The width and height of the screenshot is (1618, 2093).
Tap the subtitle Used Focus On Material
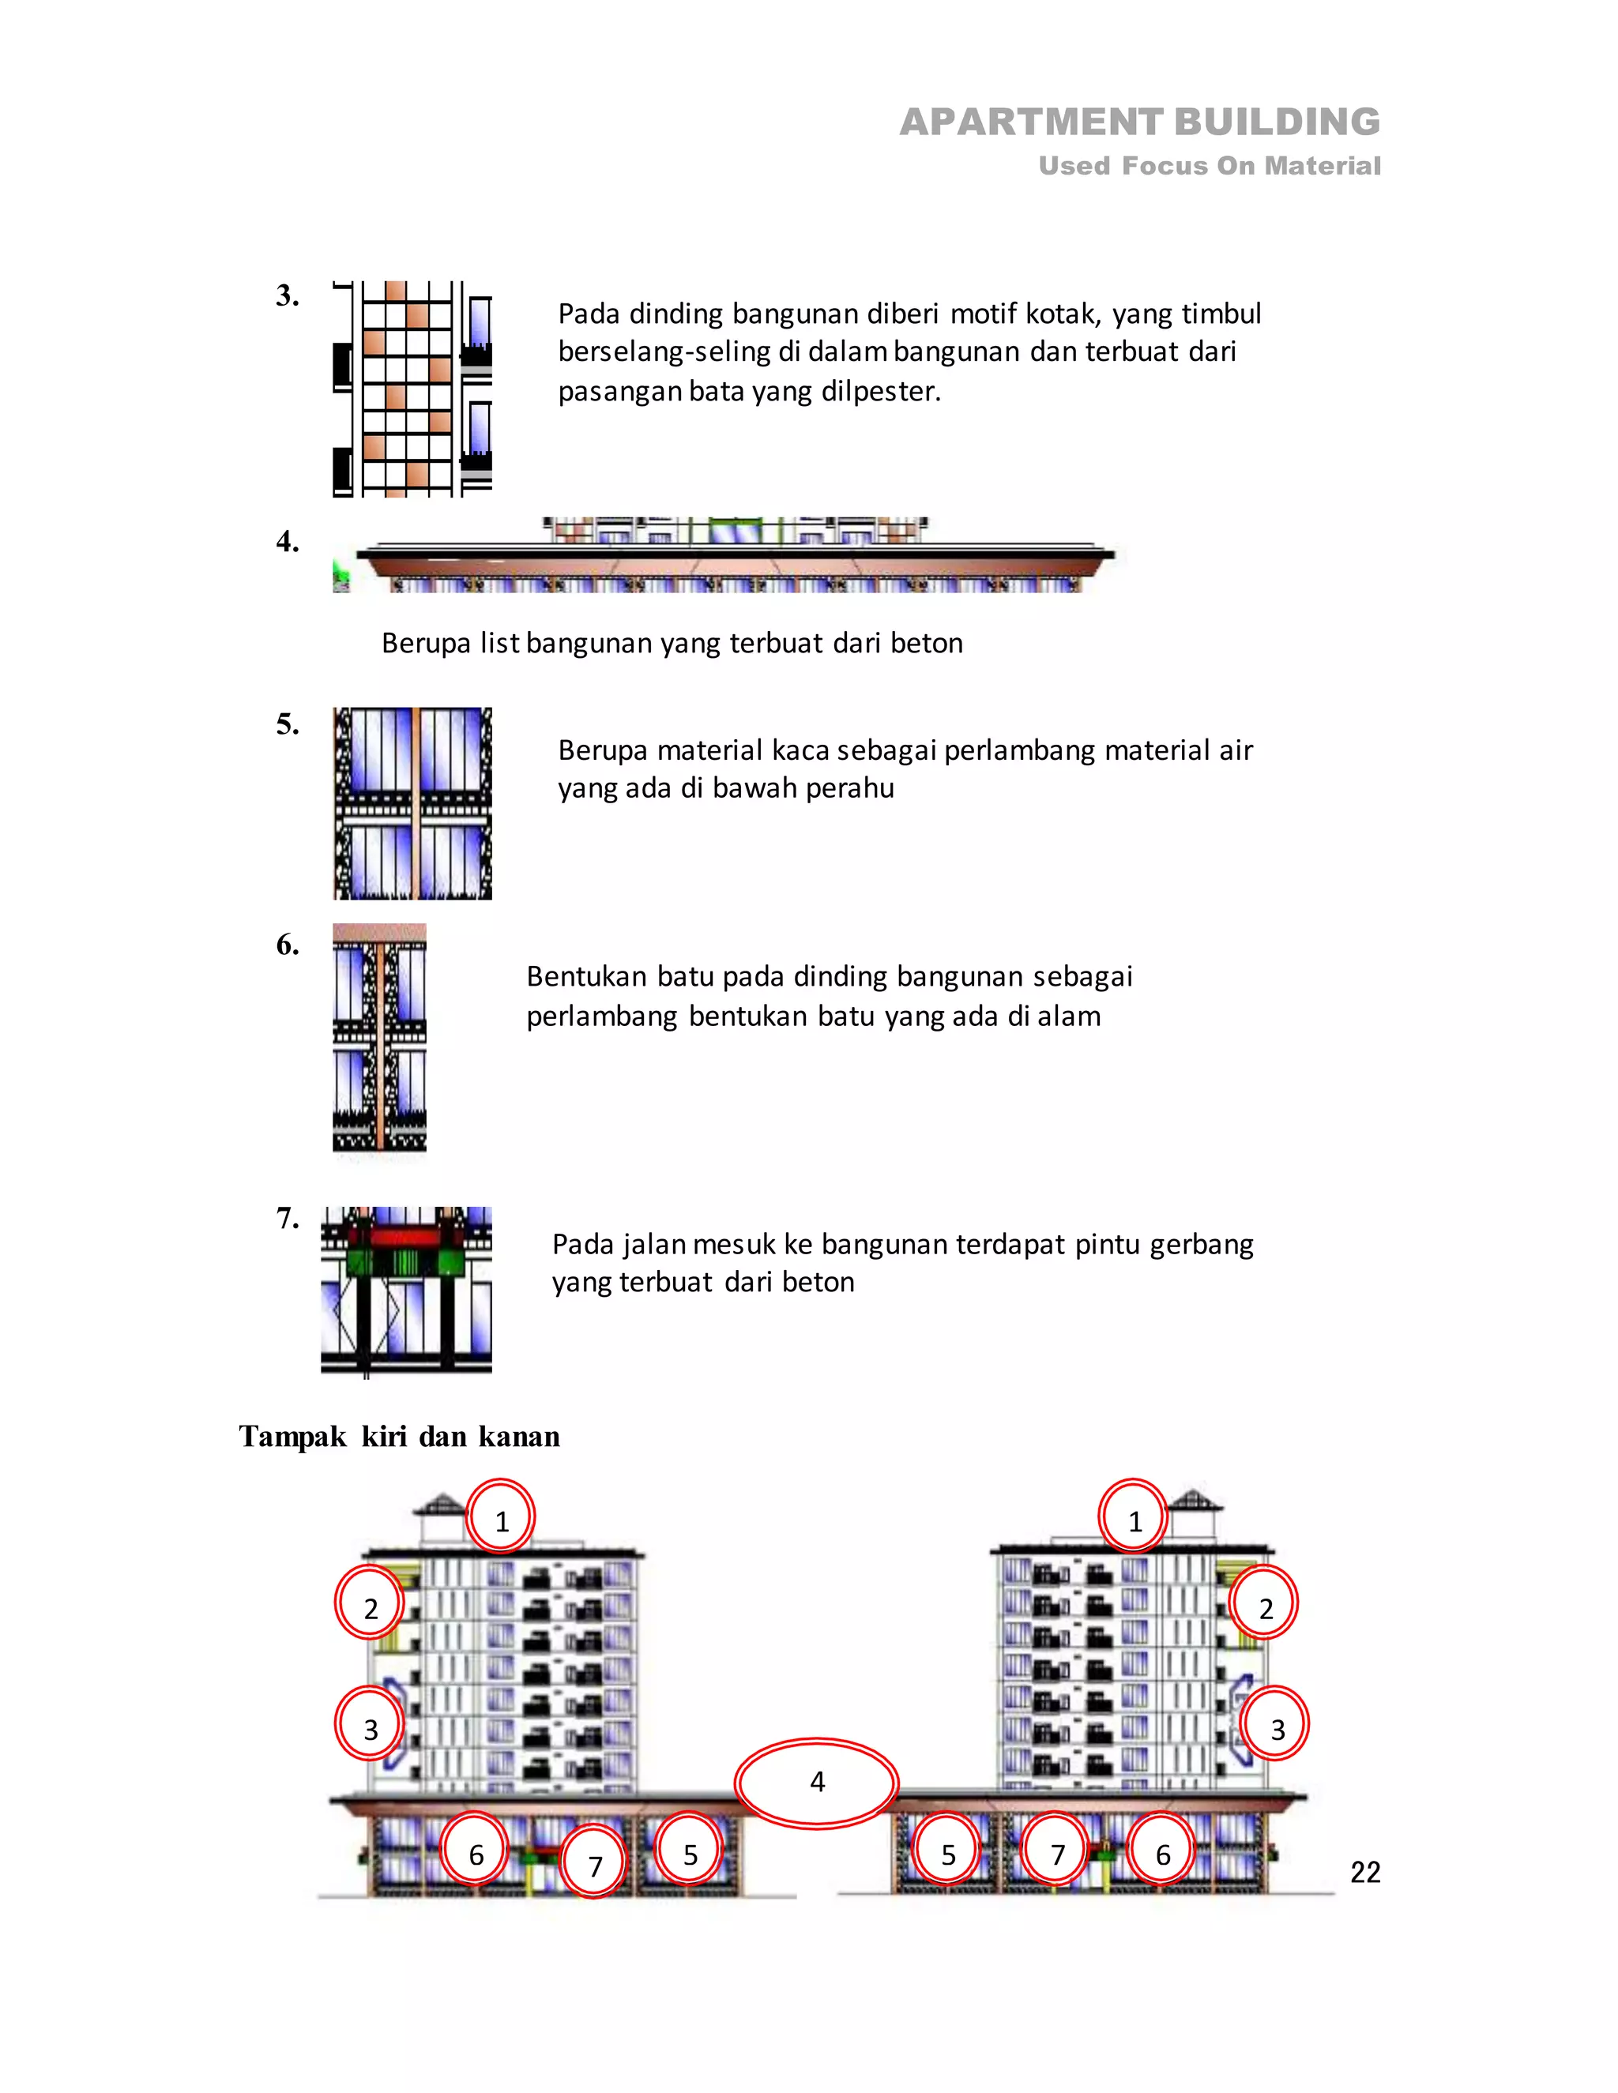point(1209,166)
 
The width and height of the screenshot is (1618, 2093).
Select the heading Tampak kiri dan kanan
point(399,1436)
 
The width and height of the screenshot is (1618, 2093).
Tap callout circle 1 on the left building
point(502,1521)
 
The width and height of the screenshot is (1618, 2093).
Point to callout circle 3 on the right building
point(1277,1730)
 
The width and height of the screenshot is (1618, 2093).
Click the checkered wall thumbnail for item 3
point(412,388)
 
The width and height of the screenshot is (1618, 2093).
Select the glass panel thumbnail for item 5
point(412,803)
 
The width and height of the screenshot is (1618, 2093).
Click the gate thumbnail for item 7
point(405,1289)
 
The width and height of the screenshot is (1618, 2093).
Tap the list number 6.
point(287,945)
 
